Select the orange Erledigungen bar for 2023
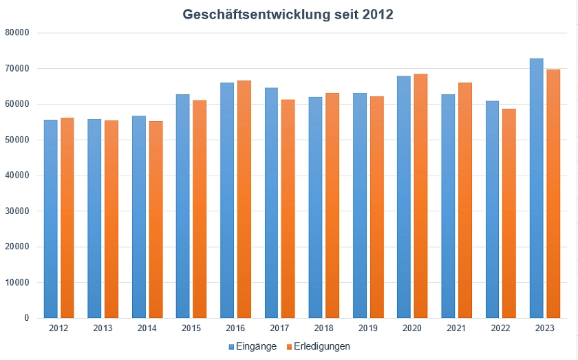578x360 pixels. (553, 193)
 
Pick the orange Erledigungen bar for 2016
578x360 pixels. (244, 199)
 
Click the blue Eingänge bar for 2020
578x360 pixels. (403, 197)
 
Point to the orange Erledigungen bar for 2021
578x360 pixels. (465, 200)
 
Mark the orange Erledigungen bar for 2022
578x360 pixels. (509, 213)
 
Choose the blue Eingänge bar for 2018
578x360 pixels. (315, 207)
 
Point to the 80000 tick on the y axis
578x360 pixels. (17, 33)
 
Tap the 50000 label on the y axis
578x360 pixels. (17, 140)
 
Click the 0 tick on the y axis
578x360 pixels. (26, 318)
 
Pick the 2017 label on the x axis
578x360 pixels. (280, 329)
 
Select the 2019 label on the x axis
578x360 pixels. (368, 329)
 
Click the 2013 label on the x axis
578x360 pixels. (103, 329)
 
